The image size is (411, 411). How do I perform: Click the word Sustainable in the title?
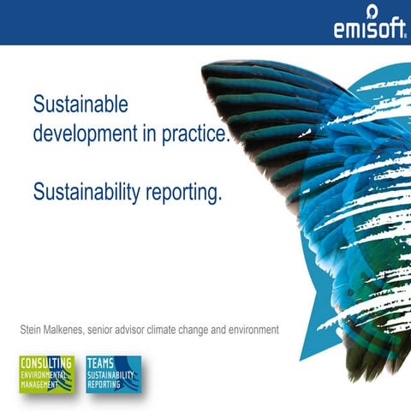[x=80, y=104]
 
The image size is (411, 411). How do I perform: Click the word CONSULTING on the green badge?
[x=46, y=363]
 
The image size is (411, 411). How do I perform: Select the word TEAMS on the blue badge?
[x=101, y=363]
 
